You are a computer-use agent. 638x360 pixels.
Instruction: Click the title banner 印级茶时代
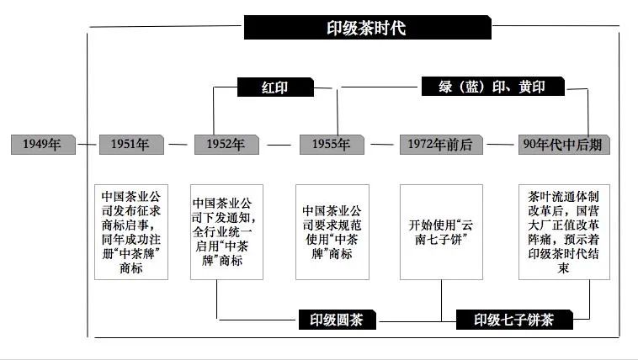coord(367,28)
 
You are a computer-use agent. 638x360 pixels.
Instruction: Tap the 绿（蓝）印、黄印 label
coord(492,87)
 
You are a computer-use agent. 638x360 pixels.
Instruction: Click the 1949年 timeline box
coord(42,144)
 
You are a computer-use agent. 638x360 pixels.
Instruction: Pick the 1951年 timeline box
coord(130,144)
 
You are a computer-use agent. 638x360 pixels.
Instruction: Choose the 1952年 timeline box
coord(225,144)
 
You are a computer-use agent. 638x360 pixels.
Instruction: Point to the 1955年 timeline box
coord(331,144)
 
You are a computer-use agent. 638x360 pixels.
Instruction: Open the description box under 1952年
coord(226,232)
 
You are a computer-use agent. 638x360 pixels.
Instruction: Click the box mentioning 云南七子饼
coord(442,232)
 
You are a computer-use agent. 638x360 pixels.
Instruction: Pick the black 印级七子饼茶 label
coord(513,320)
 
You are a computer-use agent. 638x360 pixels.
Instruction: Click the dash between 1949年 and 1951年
coord(87,145)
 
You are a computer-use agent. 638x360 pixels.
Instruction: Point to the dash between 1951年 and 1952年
coord(177,145)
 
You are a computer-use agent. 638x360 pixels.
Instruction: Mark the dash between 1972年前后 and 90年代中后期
coord(502,145)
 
